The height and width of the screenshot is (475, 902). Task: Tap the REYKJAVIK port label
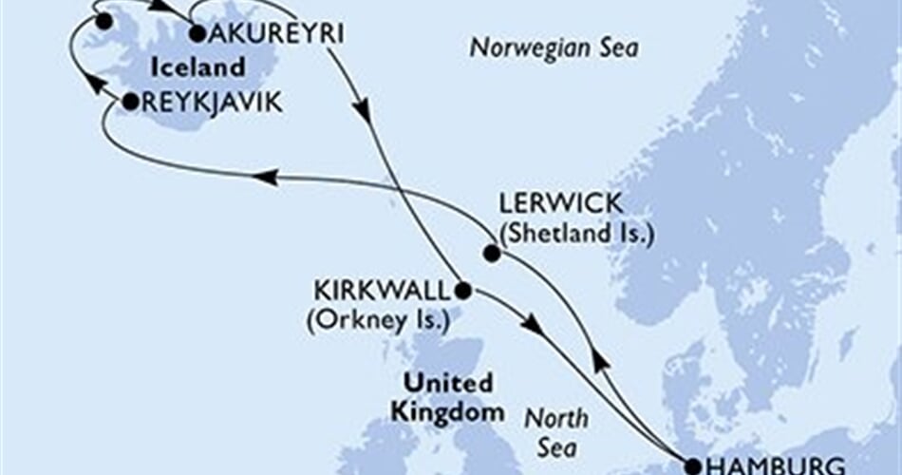pos(211,102)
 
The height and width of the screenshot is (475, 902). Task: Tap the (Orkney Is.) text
pos(377,319)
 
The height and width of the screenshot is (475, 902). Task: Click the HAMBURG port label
pos(775,465)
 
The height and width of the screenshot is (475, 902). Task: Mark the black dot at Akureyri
pos(197,34)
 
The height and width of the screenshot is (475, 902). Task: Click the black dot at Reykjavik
pos(129,102)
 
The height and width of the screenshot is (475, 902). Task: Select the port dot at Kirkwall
pos(461,290)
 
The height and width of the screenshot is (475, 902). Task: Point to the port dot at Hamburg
pos(692,466)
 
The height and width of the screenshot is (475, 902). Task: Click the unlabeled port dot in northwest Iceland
pos(104,20)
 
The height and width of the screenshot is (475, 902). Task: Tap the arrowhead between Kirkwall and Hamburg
pos(535,325)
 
